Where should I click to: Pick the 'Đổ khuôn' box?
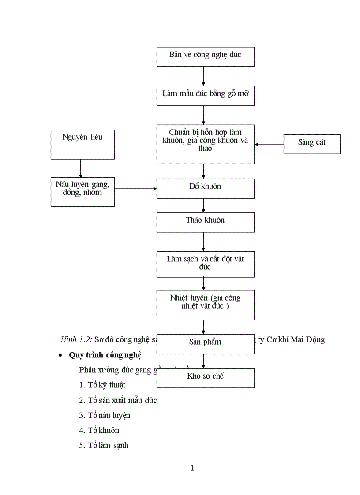coord(205,188)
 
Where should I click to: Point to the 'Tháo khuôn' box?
coord(205,222)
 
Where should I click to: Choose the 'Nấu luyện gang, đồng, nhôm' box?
coord(82,191)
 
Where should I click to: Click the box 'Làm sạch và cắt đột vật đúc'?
coord(205,264)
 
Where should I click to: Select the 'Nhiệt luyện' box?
coord(205,305)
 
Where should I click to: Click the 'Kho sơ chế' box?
coord(205,378)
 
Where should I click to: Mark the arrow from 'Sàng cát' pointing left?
coord(269,144)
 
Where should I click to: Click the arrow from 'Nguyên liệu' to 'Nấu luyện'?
coord(80,168)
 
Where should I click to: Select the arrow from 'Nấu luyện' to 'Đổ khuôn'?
coord(135,189)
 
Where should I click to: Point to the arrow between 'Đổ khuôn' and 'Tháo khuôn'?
coord(203,205)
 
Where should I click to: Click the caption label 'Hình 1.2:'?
coord(76,339)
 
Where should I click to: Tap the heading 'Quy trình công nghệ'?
coord(105,355)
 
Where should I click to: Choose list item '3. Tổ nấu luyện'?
coord(105,415)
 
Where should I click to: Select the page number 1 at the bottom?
coord(192,468)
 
